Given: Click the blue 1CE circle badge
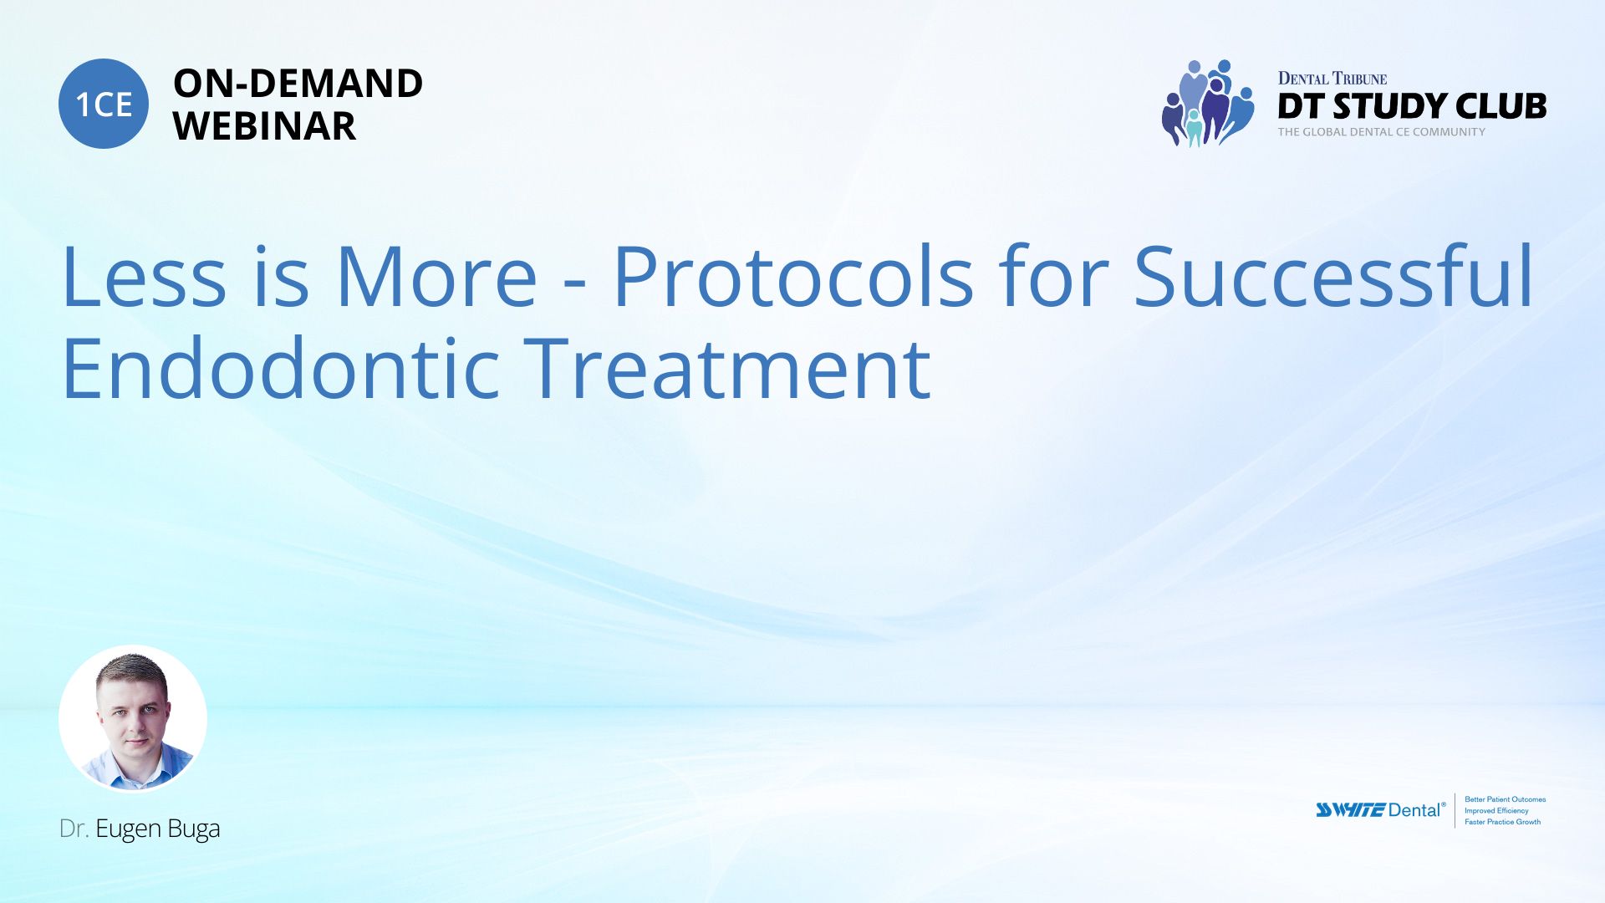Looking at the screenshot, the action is (104, 104).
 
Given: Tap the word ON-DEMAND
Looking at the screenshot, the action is (298, 84).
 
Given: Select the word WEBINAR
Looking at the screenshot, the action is (264, 126).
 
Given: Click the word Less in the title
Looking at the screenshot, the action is (144, 276).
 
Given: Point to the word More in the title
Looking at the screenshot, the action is (436, 276).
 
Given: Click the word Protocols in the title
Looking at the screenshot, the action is (793, 276).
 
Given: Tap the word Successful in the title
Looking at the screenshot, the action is (1333, 276).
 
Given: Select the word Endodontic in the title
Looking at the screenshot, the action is (281, 368).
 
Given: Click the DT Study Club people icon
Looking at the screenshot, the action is (1208, 104).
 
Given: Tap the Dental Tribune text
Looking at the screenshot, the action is (1332, 79).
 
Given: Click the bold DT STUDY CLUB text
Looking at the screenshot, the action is (1412, 106).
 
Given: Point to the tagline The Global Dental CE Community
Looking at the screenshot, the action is (1382, 132).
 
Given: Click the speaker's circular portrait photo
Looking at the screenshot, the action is (133, 718).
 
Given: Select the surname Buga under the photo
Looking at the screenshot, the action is (194, 829).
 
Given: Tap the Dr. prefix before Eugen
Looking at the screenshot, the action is (74, 829).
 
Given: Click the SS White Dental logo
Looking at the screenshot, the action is (1380, 809).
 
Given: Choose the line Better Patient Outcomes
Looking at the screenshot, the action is (1506, 799).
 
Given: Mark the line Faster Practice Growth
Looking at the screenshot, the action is (1503, 822).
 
